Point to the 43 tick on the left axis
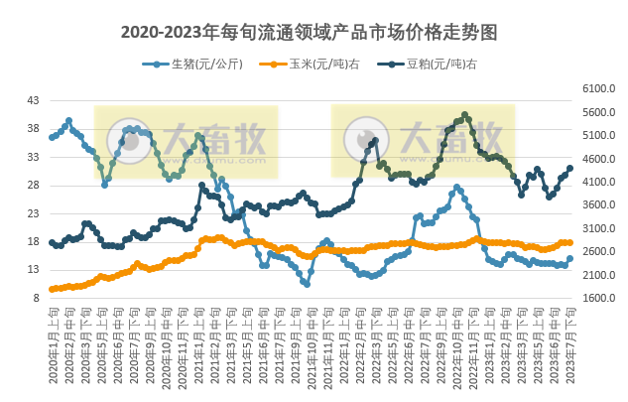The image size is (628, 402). pos(34,101)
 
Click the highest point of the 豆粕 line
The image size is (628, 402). pos(465,115)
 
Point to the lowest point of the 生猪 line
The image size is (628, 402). pos(307,284)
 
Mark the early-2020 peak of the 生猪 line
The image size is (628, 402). pos(68,121)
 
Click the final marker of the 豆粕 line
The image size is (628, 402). pos(569,168)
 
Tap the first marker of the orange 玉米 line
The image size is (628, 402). pos(52,289)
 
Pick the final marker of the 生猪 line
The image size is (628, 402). pos(569,258)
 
